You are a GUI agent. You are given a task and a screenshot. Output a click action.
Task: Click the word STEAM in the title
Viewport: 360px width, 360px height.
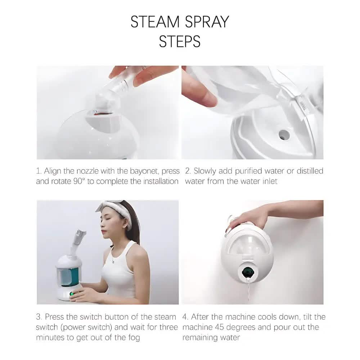155,22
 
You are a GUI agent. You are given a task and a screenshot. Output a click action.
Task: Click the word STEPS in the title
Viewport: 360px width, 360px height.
180,41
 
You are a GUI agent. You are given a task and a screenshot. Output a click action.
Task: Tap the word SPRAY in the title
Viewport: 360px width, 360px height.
207,22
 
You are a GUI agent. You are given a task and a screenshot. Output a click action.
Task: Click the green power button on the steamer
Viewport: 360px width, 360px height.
72,294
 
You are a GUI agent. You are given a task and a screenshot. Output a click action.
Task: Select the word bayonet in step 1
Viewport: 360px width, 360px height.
144,171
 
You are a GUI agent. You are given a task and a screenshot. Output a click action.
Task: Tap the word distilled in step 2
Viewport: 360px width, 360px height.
310,171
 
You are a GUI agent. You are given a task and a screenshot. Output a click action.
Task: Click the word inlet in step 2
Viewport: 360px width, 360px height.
270,181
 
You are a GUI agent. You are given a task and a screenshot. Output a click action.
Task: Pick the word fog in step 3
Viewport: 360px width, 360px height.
134,338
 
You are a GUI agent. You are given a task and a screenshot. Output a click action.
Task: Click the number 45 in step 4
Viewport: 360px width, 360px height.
219,327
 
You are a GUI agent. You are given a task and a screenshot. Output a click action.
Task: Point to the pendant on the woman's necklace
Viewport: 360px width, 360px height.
113,261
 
